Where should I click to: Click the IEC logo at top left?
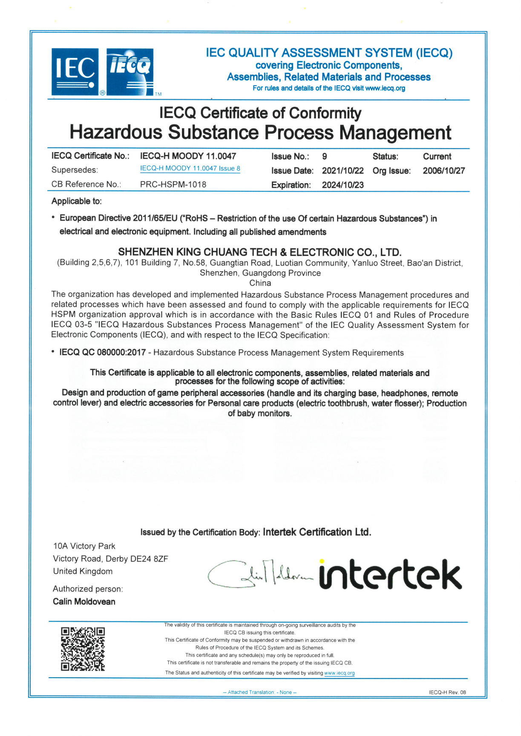75,72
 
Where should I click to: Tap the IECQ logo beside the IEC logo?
130,72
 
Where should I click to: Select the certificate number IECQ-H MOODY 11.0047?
188,156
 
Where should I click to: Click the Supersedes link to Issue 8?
190,169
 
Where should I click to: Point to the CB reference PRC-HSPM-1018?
173,185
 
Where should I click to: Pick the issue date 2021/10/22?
343,171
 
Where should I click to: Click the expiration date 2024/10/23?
343,185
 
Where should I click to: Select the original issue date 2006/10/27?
443,171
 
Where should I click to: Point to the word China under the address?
260,283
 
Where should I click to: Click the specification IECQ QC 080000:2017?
103,353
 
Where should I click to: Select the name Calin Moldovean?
84,602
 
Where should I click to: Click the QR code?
83,649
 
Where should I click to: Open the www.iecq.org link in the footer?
339,673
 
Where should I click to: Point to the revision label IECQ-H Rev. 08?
447,693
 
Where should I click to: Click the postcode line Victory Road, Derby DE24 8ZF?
110,559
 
